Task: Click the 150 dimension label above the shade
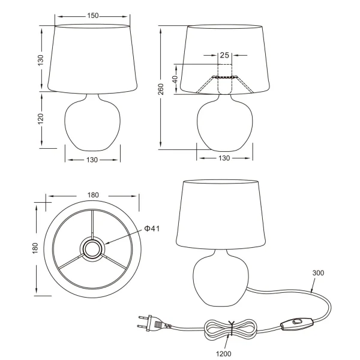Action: point(92,16)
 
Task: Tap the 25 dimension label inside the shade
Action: point(224,56)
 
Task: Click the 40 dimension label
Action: point(175,79)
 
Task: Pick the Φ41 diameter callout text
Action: point(151,228)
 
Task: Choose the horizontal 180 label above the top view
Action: point(93,195)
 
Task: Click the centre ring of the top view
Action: point(92,248)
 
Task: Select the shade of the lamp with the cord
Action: point(222,214)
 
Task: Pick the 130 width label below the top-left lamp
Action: point(92,160)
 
